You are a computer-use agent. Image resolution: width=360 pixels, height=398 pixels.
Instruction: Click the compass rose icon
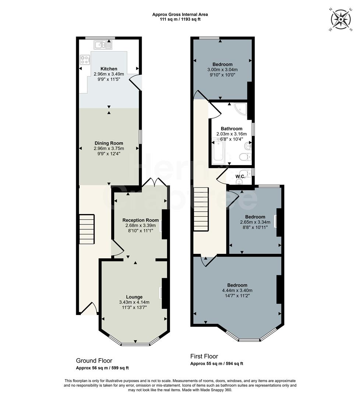point(341,20)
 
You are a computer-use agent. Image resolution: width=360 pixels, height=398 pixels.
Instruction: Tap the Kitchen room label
point(109,69)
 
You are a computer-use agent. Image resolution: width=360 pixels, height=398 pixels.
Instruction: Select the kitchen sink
point(103,46)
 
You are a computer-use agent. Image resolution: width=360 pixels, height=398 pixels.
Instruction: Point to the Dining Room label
point(109,143)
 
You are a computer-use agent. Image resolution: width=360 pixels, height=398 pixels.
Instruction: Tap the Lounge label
point(134,297)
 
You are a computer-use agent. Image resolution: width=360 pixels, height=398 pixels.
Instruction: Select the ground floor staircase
point(87,230)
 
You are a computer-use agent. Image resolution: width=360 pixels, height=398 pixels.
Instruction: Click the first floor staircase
point(201,209)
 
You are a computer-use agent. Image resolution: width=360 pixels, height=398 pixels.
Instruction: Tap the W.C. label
point(240,177)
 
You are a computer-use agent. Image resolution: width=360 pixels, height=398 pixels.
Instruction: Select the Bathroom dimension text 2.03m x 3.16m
point(231,134)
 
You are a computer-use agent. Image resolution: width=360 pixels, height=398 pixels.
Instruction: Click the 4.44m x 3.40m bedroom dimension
point(237,290)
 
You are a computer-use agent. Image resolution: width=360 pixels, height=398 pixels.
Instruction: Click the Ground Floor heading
point(94,361)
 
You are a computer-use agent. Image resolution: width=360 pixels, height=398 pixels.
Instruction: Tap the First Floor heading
point(204,356)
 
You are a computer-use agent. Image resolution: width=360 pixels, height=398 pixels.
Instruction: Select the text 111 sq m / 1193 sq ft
point(180,19)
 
